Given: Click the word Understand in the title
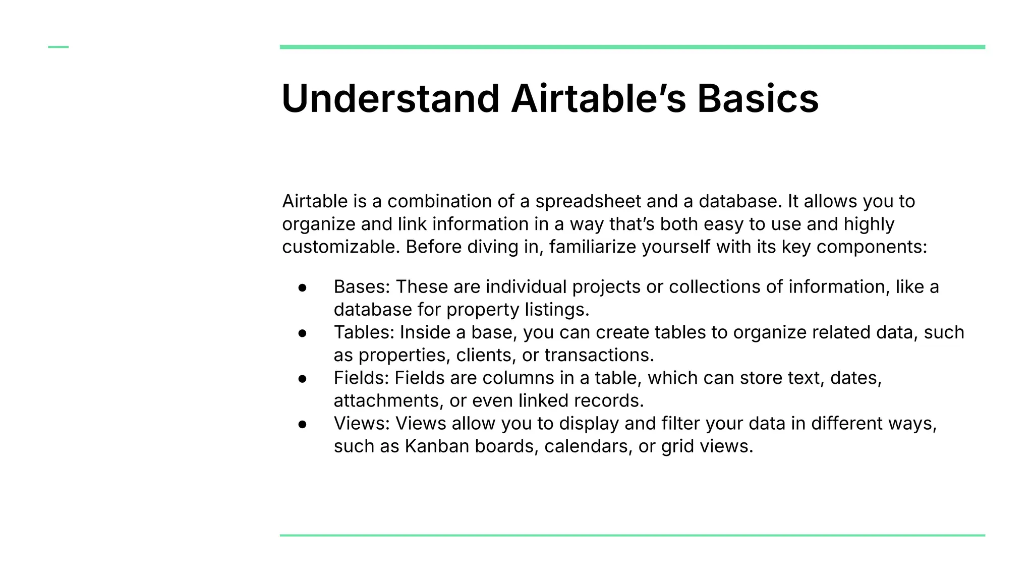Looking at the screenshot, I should coord(390,98).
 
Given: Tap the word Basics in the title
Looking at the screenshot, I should coord(758,98).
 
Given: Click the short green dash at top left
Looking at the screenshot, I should coord(58,47).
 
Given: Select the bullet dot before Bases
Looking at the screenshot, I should coord(303,287).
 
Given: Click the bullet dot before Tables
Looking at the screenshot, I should coord(303,333).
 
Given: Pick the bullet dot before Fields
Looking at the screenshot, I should coord(303,379).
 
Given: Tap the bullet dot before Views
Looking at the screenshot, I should coord(303,424).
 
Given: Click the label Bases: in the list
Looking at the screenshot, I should coord(362,287).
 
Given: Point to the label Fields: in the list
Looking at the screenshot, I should coord(361,378).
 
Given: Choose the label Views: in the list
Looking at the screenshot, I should coord(362,423).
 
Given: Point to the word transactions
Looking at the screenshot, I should coord(598,356).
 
